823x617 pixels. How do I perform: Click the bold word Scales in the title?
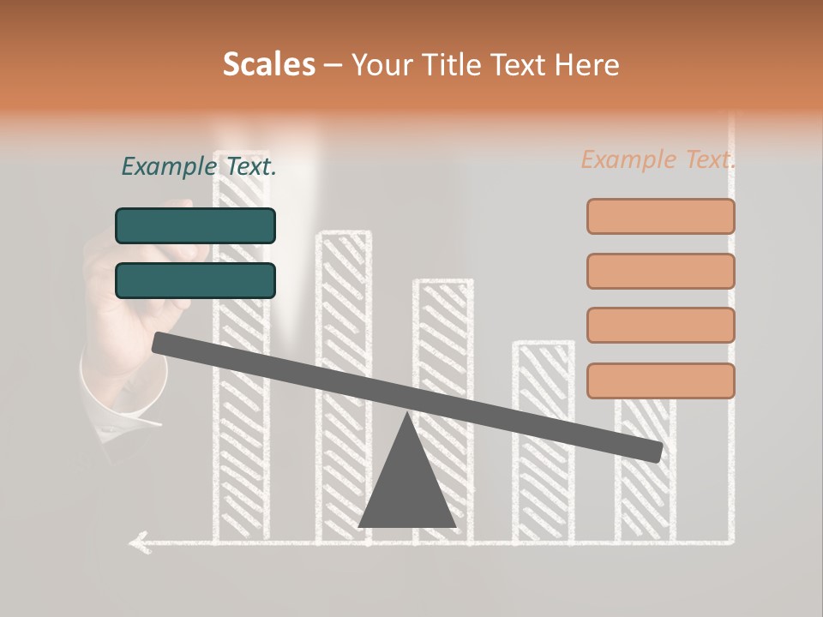point(268,64)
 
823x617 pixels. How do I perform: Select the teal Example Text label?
point(199,166)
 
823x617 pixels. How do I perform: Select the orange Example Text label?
point(658,159)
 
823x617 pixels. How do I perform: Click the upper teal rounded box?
point(195,225)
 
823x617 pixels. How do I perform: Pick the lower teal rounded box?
point(195,280)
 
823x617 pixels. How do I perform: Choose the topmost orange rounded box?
point(661,216)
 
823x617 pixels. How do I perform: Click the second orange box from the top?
point(661,271)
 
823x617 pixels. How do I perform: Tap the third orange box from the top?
point(661,326)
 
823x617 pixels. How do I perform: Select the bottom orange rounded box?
point(661,380)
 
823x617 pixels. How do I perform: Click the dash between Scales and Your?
point(333,65)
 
